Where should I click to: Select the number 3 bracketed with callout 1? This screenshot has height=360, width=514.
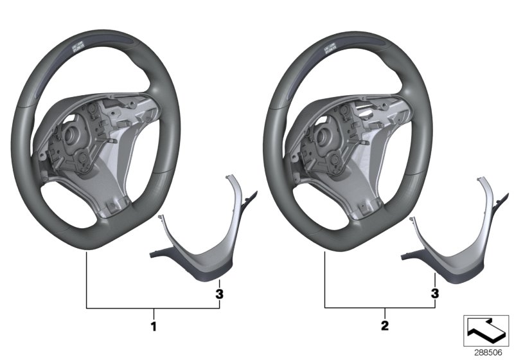tap(219, 294)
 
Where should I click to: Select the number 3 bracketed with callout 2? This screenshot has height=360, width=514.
tap(435, 294)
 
